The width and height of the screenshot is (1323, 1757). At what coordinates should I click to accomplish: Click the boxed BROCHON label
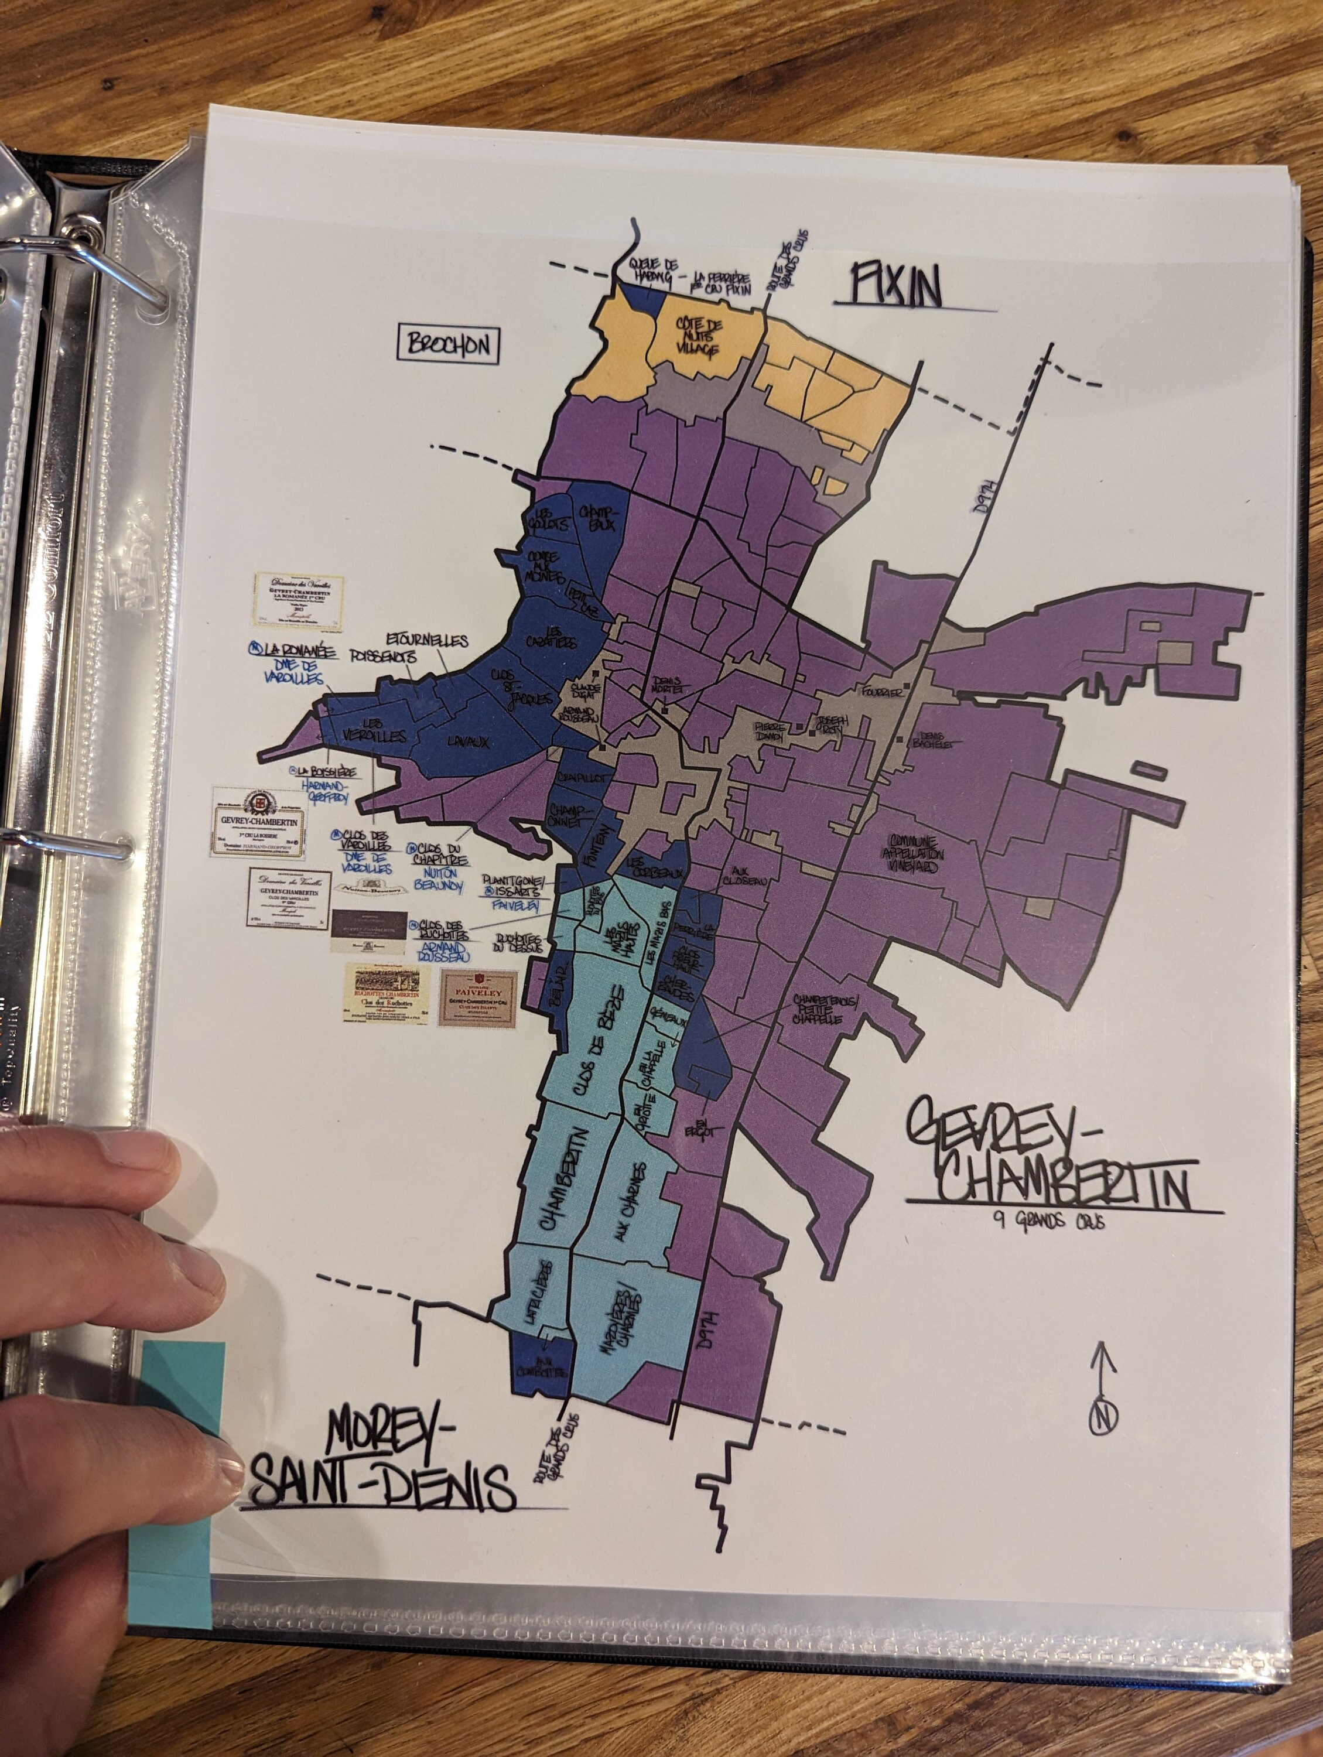(x=448, y=346)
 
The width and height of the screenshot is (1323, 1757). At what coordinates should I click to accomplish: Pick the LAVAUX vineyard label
(x=468, y=743)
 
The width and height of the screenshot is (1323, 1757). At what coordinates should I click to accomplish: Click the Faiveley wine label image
(x=478, y=999)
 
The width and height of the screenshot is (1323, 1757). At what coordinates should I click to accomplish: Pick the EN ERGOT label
(x=699, y=1128)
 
